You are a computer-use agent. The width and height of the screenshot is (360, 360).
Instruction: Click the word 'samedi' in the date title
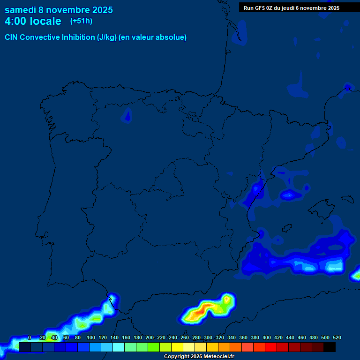(20, 10)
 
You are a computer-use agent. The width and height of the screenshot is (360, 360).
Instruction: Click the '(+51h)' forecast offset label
(81, 21)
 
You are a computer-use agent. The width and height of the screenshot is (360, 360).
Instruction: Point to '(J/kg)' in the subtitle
(107, 37)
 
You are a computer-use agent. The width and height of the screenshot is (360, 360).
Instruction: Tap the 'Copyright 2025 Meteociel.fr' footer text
(199, 357)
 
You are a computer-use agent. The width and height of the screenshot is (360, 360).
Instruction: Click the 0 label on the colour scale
(30, 337)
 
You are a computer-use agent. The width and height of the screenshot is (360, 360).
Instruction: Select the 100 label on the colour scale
(90, 337)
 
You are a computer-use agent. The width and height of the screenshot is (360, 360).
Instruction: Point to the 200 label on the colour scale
(149, 337)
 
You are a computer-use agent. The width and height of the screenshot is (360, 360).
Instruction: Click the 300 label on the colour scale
(208, 337)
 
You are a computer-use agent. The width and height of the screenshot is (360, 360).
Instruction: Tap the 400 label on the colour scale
(266, 337)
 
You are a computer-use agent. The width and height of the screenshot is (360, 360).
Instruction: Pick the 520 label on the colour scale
(337, 337)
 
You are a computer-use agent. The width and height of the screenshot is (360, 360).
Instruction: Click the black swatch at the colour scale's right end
(330, 347)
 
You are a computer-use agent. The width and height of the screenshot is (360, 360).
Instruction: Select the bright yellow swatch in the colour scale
(177, 347)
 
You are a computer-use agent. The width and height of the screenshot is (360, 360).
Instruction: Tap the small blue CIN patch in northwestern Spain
(127, 115)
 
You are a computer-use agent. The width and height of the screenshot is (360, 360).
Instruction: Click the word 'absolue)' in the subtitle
(172, 37)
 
